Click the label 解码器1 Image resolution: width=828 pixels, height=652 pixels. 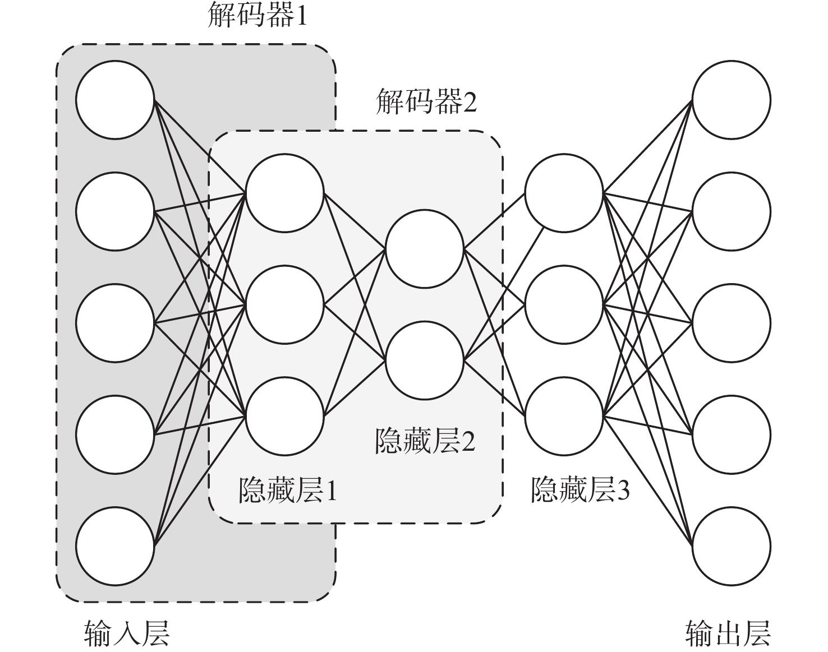[257, 17]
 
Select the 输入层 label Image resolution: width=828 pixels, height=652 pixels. [126, 633]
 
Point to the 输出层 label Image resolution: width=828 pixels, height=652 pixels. [728, 633]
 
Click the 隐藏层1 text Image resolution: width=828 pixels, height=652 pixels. [288, 491]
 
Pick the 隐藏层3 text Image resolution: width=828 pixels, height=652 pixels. [580, 491]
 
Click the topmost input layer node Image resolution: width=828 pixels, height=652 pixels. [116, 100]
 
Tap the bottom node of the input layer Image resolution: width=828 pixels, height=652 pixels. [116, 547]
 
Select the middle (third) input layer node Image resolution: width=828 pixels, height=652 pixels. [116, 323]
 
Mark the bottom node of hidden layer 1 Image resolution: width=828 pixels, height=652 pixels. [285, 416]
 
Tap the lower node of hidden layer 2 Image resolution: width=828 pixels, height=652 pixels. [425, 358]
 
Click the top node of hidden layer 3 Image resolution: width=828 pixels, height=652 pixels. [564, 193]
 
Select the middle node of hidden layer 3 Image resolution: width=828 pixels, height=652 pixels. [564, 304]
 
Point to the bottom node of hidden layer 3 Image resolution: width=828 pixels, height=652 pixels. [564, 416]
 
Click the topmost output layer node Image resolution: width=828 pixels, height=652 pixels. [732, 100]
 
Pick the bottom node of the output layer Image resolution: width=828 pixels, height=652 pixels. [732, 547]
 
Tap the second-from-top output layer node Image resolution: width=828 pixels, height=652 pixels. [732, 212]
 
